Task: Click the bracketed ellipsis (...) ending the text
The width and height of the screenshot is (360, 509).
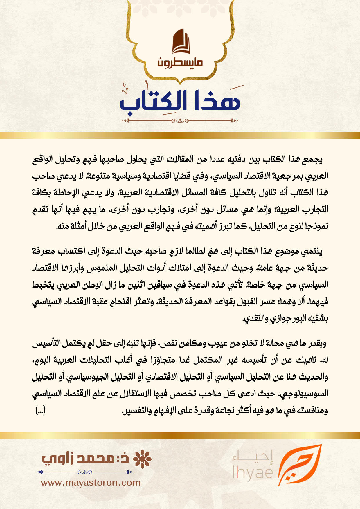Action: point(40,410)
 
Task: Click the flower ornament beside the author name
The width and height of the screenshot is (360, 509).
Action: point(142,459)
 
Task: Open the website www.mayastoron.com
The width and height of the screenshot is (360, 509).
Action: point(91,483)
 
